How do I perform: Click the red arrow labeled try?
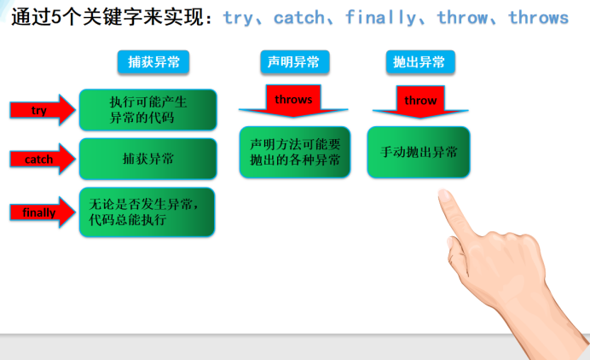click(x=43, y=110)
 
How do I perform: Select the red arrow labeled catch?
click(x=43, y=159)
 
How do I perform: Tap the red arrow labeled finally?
click(x=43, y=212)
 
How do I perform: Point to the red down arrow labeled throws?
click(x=293, y=101)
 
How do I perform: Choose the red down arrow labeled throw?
click(x=420, y=102)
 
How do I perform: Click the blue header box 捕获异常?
click(x=153, y=61)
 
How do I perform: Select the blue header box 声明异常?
click(x=295, y=61)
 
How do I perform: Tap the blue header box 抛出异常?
click(x=420, y=61)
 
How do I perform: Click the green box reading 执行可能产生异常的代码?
click(x=147, y=110)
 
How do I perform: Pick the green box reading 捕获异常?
click(x=147, y=159)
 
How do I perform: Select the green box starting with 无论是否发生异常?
click(x=147, y=212)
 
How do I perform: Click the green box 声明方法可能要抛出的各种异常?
click(x=295, y=152)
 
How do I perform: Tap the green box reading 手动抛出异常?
click(x=419, y=152)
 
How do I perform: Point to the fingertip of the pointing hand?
click(x=443, y=193)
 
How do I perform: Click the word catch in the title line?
click(x=299, y=18)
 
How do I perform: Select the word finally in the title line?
click(x=381, y=18)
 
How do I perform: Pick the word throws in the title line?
click(x=539, y=18)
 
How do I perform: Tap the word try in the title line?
click(x=238, y=19)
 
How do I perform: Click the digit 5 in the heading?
click(x=56, y=17)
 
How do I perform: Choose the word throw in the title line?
click(x=462, y=18)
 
